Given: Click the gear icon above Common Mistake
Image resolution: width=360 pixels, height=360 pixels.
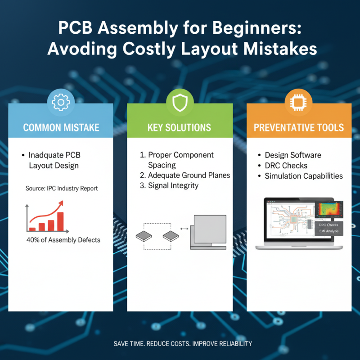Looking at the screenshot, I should (x=60, y=102).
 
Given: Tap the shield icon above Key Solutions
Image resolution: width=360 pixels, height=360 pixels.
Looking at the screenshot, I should (x=180, y=102).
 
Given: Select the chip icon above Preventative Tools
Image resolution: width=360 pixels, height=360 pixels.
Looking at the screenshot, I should (x=299, y=102).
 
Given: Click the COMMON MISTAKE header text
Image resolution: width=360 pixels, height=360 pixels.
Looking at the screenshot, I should (x=61, y=127).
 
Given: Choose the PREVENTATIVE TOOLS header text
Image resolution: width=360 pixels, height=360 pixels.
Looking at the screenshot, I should (x=299, y=127).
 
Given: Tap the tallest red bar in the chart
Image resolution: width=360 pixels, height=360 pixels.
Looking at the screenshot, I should (x=60, y=220).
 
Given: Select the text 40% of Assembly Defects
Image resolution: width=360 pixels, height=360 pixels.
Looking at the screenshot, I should (x=63, y=240).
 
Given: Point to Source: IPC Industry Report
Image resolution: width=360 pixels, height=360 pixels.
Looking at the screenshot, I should (x=62, y=189).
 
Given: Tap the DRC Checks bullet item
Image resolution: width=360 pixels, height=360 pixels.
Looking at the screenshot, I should (x=286, y=165).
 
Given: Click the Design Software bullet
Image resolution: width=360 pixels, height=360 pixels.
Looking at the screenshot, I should (x=293, y=155).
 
